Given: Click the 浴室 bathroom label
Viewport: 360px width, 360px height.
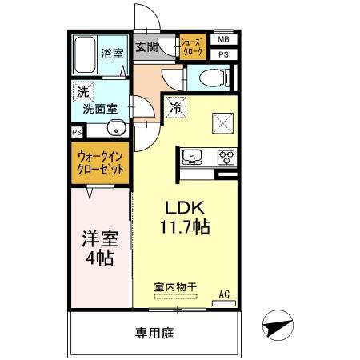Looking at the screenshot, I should point(111,54).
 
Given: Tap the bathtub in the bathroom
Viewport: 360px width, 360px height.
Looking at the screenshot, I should point(86,55).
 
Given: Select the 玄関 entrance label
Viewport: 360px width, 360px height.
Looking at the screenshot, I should point(146,47).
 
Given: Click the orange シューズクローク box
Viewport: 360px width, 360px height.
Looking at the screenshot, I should point(193,47).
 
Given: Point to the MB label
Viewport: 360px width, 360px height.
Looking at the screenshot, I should point(223,39).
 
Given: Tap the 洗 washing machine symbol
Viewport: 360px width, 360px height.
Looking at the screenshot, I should point(82,92).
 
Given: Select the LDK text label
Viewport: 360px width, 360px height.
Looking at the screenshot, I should point(184,206).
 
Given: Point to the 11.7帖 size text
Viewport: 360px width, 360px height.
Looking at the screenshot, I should point(185,227).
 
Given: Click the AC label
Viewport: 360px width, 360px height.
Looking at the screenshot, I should point(225,294).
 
